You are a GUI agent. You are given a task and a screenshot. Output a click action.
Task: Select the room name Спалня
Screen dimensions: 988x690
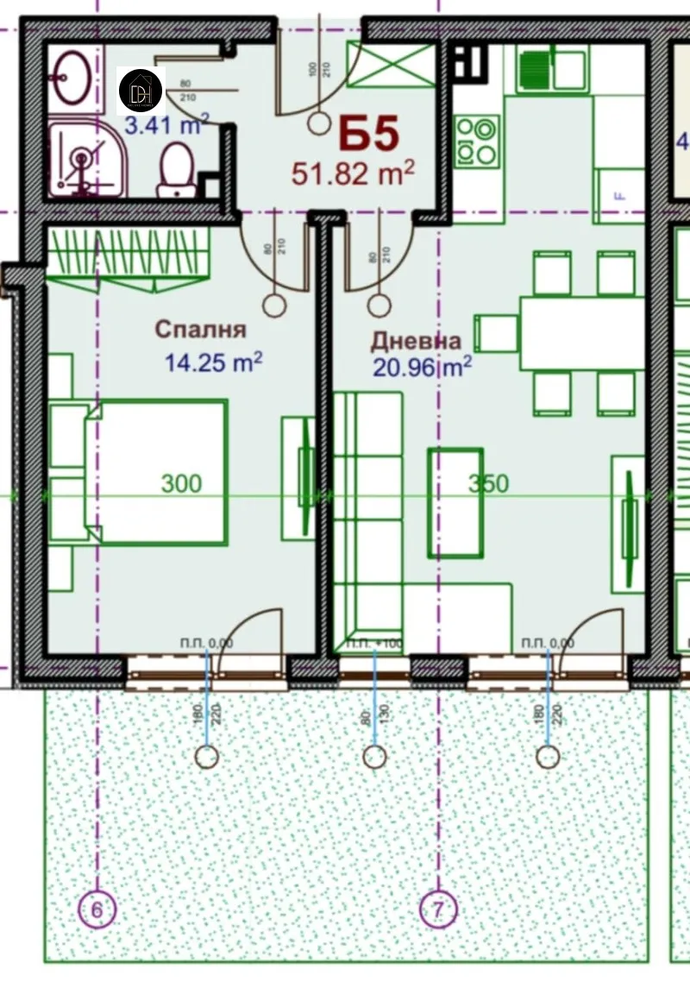(x=200, y=329)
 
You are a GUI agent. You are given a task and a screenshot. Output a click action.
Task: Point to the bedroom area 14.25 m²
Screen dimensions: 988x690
(x=214, y=362)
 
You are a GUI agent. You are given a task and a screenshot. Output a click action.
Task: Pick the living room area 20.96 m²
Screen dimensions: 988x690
(x=422, y=368)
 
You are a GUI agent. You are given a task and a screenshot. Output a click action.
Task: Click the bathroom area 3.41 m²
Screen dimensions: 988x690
(x=163, y=126)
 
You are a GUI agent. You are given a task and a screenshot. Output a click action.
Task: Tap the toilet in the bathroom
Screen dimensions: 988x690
(x=176, y=168)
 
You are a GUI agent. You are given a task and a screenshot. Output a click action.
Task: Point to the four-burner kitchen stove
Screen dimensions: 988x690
(x=477, y=142)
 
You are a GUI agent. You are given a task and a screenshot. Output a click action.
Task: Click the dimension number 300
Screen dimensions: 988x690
(x=181, y=483)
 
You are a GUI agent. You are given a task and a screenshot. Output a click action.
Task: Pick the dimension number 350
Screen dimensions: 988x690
(x=488, y=484)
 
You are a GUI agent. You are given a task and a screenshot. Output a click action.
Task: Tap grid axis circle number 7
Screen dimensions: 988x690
(x=437, y=909)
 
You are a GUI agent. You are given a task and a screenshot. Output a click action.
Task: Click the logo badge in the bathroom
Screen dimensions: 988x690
(x=140, y=90)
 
